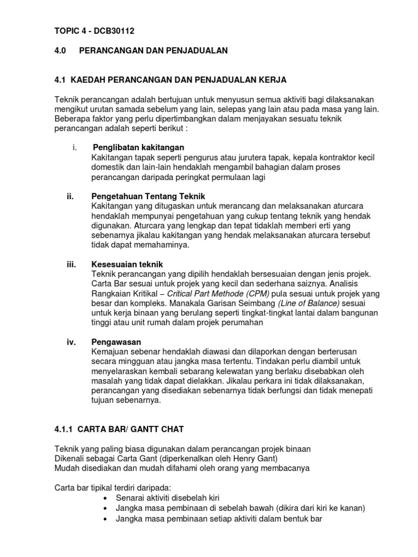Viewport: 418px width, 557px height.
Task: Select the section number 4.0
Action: point(60,51)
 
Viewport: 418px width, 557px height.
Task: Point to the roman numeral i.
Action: point(73,147)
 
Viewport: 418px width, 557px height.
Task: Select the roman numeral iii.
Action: point(71,264)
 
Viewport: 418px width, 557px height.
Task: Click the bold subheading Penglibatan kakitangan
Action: point(138,147)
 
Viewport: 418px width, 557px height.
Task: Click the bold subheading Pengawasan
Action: point(116,342)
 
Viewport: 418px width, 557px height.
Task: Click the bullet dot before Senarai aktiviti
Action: point(105,498)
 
